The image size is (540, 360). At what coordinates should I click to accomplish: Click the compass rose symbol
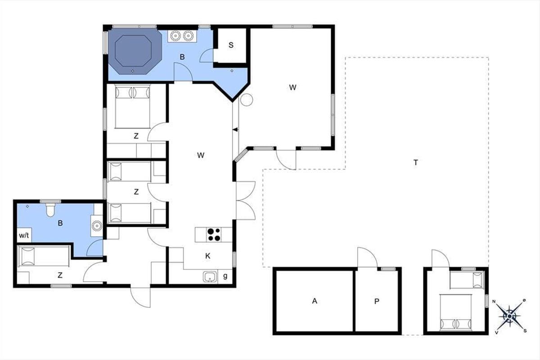(509, 316)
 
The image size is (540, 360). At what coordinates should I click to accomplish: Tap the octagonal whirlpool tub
(135, 51)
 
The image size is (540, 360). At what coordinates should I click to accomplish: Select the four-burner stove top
(214, 234)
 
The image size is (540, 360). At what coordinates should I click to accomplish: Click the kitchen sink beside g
(210, 277)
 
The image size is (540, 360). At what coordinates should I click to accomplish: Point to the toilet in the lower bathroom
(50, 210)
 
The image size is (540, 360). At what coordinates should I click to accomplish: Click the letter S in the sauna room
(231, 45)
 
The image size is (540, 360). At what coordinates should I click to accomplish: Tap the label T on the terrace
(416, 163)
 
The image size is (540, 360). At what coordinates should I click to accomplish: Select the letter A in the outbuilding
(315, 301)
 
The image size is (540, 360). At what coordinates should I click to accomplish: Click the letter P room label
(377, 301)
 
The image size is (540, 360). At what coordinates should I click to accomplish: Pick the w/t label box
(24, 235)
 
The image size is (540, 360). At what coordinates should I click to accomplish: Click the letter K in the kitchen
(208, 256)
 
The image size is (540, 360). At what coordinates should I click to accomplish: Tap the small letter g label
(225, 276)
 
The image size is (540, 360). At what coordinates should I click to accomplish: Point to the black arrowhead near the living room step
(235, 130)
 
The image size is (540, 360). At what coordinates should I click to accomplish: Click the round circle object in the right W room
(247, 99)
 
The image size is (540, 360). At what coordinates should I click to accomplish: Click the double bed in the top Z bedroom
(133, 106)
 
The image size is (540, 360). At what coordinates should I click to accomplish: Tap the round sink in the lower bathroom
(97, 226)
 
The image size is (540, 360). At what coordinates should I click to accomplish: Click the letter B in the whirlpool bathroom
(182, 57)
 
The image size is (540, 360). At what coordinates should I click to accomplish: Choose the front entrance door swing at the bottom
(140, 297)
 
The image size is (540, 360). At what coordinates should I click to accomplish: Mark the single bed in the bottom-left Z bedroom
(43, 256)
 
